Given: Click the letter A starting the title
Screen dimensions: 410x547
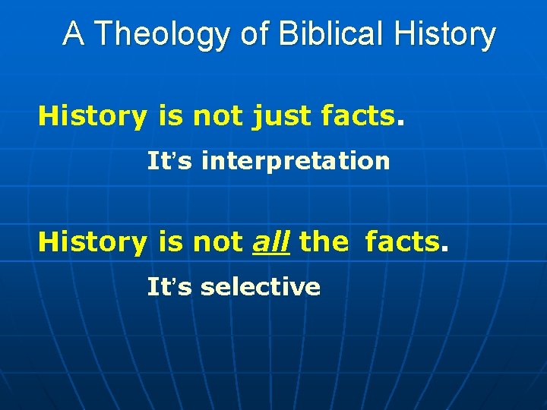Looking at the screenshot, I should [x=73, y=35].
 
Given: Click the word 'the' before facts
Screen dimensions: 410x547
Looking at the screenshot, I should [x=324, y=241].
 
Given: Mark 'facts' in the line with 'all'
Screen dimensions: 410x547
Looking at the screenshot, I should [x=402, y=241].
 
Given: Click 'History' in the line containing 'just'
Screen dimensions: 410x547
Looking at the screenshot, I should [x=92, y=116].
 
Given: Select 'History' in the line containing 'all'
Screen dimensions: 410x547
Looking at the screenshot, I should [x=92, y=241].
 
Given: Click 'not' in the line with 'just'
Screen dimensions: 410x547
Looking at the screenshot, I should [x=218, y=116].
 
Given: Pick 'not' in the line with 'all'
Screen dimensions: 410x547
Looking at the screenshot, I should [x=218, y=241].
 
